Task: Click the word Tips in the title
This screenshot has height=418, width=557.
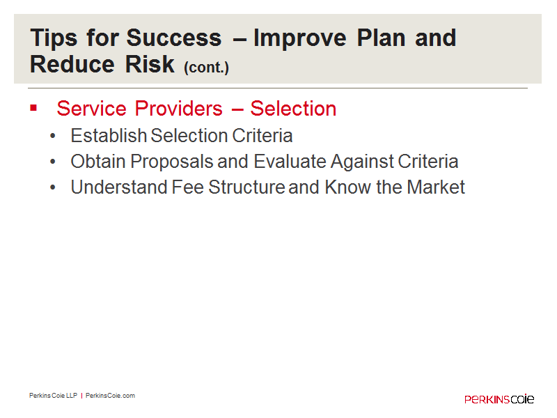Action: click(54, 38)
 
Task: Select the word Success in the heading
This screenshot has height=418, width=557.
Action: click(174, 38)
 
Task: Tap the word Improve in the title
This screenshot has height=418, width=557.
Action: click(300, 38)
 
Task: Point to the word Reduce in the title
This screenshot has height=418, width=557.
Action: click(72, 64)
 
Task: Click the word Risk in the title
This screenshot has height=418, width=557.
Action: click(150, 64)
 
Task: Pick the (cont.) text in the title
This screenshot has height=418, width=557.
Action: click(206, 67)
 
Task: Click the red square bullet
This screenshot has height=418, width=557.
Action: click(33, 108)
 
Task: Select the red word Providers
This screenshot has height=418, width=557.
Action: click(179, 109)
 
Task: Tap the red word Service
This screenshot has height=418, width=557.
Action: click(92, 109)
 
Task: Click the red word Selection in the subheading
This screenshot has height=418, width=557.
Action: click(293, 109)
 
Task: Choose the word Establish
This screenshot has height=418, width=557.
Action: click(109, 135)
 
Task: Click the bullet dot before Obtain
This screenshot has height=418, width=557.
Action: click(53, 162)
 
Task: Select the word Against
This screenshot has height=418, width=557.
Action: click(362, 162)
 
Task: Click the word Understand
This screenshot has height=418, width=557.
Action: click(119, 187)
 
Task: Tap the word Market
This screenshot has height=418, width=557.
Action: click(436, 187)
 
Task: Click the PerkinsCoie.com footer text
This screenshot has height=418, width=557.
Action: click(110, 396)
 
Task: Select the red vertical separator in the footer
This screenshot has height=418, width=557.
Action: click(81, 396)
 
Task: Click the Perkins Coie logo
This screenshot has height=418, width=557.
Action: click(499, 398)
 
